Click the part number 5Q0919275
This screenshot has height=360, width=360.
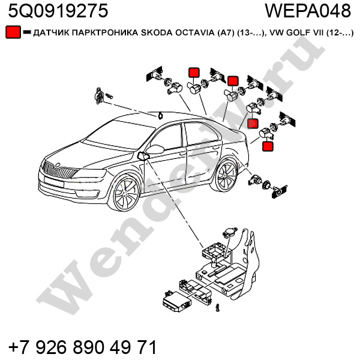click(x=58, y=11)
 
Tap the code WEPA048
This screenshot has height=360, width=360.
click(x=308, y=11)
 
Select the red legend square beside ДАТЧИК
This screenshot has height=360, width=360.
click(x=13, y=32)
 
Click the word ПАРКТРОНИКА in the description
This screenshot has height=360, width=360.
click(x=105, y=33)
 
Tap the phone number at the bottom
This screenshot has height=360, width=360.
click(x=83, y=347)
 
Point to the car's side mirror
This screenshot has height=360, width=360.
click(x=155, y=149)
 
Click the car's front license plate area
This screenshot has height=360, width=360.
click(x=54, y=181)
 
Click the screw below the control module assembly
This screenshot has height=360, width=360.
click(x=217, y=307)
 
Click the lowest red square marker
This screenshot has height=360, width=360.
click(x=268, y=146)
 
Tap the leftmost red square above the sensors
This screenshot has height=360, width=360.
click(x=194, y=73)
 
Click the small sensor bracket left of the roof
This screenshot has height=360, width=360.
click(x=100, y=95)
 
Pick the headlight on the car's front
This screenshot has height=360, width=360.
click(x=93, y=173)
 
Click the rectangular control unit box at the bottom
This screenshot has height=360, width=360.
click(x=177, y=301)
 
